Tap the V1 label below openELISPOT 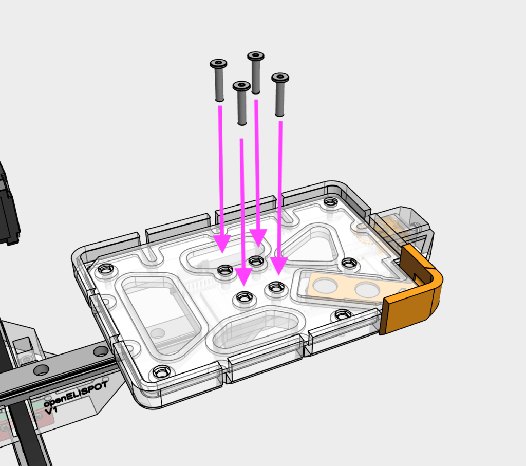click(51, 411)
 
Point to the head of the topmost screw click(256, 55)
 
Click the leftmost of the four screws click(219, 80)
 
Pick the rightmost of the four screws click(280, 95)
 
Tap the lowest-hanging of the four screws click(241, 103)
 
